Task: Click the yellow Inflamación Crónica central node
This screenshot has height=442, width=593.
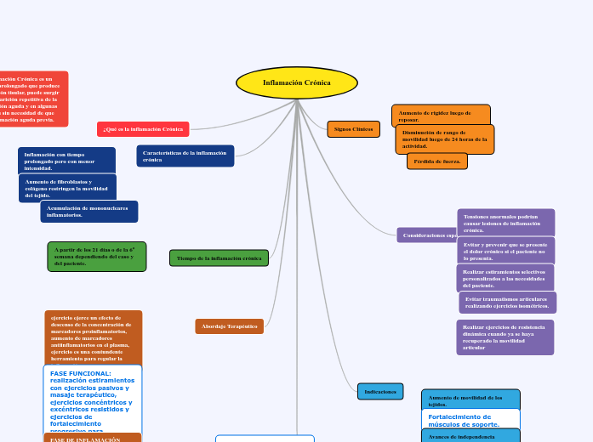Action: (296, 83)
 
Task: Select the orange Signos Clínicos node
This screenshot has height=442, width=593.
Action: (353, 129)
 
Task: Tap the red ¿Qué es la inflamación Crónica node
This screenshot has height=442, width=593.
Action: (143, 129)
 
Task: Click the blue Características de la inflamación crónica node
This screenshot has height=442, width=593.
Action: (185, 156)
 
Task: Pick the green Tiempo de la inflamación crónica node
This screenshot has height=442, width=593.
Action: (219, 258)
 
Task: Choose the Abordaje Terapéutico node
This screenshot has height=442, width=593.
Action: (229, 326)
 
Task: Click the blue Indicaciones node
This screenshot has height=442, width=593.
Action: (380, 392)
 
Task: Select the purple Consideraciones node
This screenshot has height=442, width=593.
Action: (427, 235)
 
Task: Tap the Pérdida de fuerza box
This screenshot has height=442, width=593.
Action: (436, 161)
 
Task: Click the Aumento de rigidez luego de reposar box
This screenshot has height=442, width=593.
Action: (441, 115)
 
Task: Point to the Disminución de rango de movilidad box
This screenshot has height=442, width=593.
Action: (444, 139)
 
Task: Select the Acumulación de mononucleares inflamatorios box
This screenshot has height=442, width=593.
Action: (88, 212)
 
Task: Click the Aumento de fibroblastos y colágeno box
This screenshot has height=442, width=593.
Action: (67, 188)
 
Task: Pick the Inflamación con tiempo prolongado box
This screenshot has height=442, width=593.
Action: (66, 161)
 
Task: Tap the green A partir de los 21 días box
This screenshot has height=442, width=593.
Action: (96, 257)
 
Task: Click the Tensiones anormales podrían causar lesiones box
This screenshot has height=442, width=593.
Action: (505, 223)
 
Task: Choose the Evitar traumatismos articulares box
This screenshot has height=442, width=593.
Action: (507, 302)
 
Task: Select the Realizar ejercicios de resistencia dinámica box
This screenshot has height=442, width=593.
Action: (505, 337)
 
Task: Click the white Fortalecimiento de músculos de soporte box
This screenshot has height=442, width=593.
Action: (470, 420)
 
